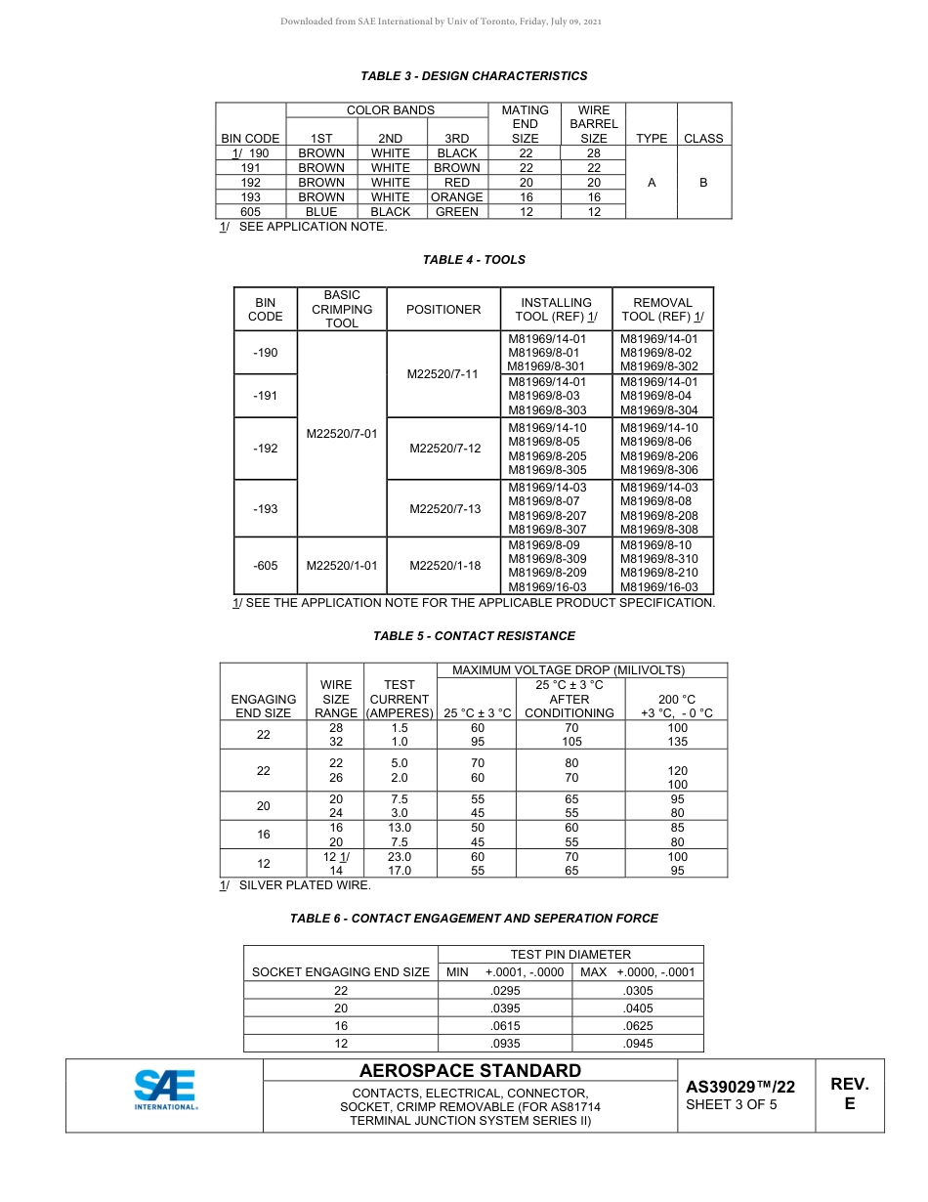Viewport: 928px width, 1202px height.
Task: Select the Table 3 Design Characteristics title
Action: [x=474, y=76]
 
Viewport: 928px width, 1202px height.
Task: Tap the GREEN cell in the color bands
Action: [x=456, y=211]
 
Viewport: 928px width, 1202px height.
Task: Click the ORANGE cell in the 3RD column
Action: [x=456, y=197]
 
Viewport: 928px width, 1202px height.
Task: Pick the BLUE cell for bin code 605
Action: [x=321, y=211]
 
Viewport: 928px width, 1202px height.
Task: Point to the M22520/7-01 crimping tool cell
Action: [x=341, y=434]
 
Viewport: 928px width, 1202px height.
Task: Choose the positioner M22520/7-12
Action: [x=444, y=449]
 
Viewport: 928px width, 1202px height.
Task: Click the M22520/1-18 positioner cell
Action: [x=444, y=565]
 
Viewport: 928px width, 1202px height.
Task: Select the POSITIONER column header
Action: [x=443, y=310]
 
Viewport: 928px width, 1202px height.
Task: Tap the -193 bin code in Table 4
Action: [x=265, y=509]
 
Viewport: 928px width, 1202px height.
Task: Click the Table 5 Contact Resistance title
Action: [x=474, y=636]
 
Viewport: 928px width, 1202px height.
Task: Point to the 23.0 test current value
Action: [x=399, y=857]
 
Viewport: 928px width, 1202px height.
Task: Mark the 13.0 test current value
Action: [x=399, y=827]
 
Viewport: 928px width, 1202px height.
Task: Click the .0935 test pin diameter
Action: [x=504, y=1044]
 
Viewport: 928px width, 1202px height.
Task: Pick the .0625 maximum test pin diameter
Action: [x=637, y=1026]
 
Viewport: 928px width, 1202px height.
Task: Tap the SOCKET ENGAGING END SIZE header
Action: [x=341, y=972]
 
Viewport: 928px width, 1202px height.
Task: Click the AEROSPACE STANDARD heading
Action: [x=470, y=1071]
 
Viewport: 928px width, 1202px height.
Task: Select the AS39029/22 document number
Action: [x=739, y=1087]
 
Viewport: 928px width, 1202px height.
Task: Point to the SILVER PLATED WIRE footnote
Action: [x=304, y=885]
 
